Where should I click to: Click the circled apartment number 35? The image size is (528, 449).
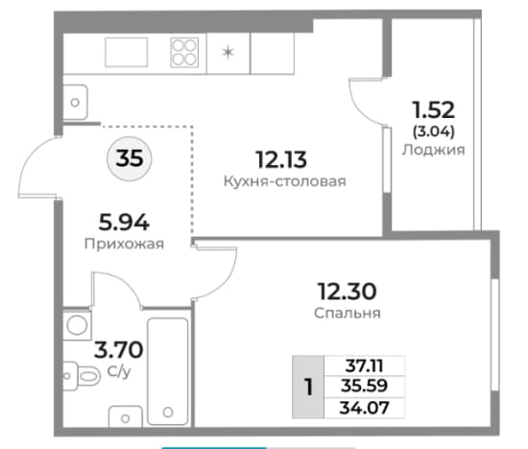(x=130, y=158)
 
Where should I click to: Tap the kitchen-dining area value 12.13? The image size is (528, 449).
(x=281, y=159)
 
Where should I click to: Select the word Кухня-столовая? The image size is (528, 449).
(x=285, y=181)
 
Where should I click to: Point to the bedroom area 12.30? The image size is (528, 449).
(x=348, y=292)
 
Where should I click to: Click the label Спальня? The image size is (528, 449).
(x=348, y=313)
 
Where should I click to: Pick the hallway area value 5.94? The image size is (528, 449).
(x=124, y=223)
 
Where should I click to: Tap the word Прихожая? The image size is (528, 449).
(x=124, y=244)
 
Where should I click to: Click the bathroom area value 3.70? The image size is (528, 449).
(x=118, y=350)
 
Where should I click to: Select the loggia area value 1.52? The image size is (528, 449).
(x=434, y=109)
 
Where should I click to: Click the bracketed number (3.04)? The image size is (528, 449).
(x=434, y=130)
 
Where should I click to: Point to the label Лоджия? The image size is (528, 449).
(x=433, y=150)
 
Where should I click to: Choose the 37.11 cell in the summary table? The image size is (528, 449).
(x=365, y=366)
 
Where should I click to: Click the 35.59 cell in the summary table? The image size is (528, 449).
(x=365, y=386)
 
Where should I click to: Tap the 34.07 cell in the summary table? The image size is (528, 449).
(x=365, y=408)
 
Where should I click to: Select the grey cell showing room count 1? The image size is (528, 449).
(x=308, y=387)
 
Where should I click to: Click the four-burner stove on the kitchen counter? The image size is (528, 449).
(x=184, y=53)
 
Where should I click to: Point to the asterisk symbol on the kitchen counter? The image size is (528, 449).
(x=228, y=53)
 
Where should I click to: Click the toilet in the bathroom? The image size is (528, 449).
(x=82, y=376)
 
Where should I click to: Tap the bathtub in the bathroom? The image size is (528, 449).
(x=168, y=371)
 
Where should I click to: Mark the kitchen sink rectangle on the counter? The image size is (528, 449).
(x=127, y=52)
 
